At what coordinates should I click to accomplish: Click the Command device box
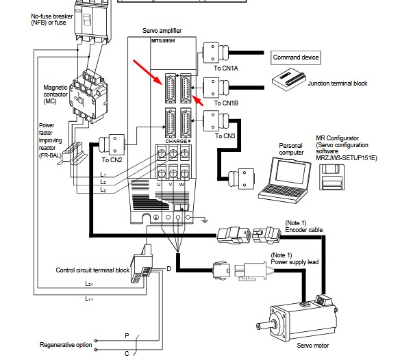[297, 58]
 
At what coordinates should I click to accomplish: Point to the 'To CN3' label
[225, 136]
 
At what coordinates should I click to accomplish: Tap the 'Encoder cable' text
[303, 231]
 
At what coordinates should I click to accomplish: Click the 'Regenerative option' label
[66, 345]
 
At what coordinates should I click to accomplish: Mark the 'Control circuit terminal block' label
[92, 270]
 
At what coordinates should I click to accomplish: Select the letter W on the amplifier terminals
[182, 184]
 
